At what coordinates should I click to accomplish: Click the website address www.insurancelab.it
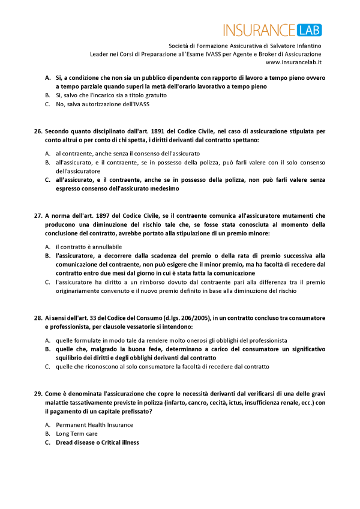tap(293, 62)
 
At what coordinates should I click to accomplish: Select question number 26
tap(38, 130)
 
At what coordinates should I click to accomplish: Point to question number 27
tap(38, 215)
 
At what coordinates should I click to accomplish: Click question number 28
tap(38, 318)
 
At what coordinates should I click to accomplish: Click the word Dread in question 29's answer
tap(66, 442)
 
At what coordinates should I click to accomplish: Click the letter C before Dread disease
tap(47, 442)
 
